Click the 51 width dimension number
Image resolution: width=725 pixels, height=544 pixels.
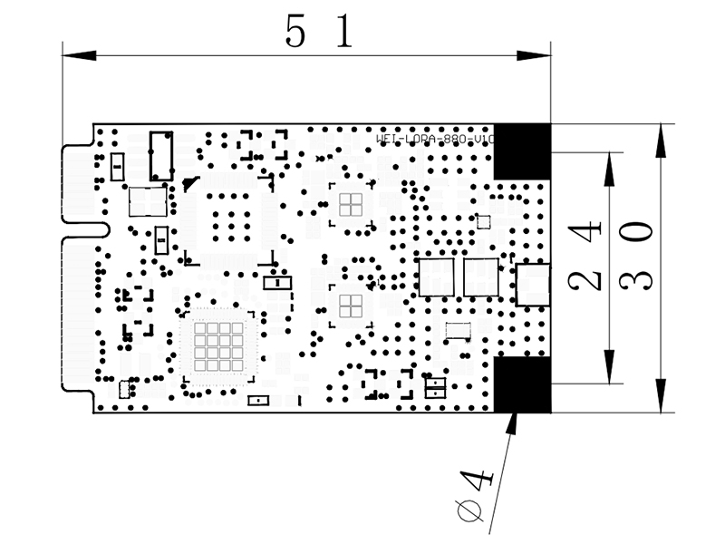[317, 34]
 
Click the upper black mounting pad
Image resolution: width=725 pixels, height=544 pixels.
[522, 150]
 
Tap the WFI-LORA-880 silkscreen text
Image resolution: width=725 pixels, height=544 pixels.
[435, 140]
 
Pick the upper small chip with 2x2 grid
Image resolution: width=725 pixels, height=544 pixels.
[351, 204]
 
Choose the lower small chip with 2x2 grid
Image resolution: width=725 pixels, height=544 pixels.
[351, 304]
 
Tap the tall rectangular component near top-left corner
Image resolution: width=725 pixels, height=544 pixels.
[162, 154]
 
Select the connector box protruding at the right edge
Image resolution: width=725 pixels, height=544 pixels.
[533, 284]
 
